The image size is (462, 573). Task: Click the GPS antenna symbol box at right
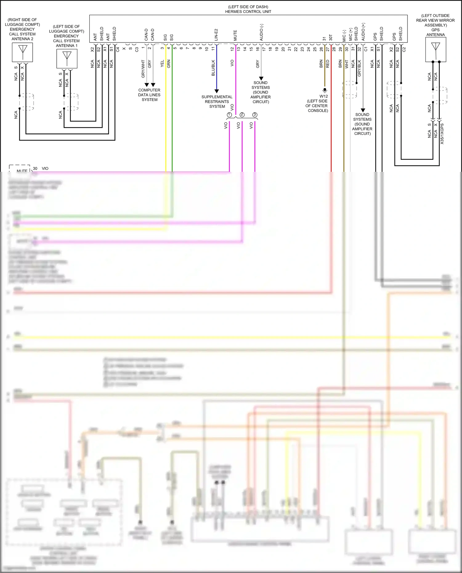(436, 50)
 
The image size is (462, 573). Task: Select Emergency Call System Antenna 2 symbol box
(22, 52)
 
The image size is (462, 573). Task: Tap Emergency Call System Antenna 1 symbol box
(67, 59)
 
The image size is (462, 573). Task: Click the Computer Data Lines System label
(149, 95)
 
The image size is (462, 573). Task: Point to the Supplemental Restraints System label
(217, 102)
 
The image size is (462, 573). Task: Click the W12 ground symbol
(325, 91)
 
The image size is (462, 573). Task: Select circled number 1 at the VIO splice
(229, 115)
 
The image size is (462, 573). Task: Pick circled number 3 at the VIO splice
(255, 115)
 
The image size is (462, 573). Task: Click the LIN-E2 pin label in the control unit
(216, 35)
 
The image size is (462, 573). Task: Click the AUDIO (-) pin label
(261, 32)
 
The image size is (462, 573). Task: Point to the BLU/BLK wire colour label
(213, 68)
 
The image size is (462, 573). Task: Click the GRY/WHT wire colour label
(143, 69)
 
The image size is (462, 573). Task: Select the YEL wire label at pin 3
(162, 64)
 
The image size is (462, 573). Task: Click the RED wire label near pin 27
(327, 64)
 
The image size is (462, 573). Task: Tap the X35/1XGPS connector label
(442, 134)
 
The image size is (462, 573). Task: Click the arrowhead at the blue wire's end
(217, 91)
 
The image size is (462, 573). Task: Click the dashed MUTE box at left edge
(20, 169)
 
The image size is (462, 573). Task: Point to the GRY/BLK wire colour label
(359, 68)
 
